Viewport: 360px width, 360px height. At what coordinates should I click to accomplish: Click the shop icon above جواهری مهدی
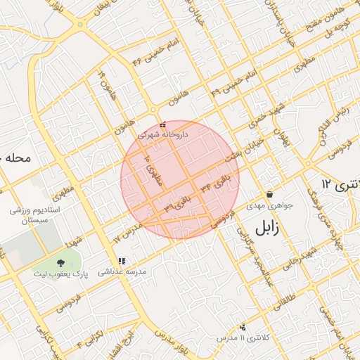pyautogui.click(x=269, y=195)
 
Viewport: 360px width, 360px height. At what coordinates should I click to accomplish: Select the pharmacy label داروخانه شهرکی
pyautogui.click(x=163, y=134)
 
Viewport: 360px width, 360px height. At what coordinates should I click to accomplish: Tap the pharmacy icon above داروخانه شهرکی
pyautogui.click(x=163, y=124)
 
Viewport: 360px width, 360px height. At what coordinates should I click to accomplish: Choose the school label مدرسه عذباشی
pyautogui.click(x=122, y=271)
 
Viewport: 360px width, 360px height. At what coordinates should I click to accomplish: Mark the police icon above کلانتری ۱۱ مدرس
pyautogui.click(x=243, y=327)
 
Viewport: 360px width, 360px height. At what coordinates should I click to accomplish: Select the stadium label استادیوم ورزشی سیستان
pyautogui.click(x=35, y=215)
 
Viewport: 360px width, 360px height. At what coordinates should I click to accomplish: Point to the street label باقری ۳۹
pyautogui.click(x=179, y=203)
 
